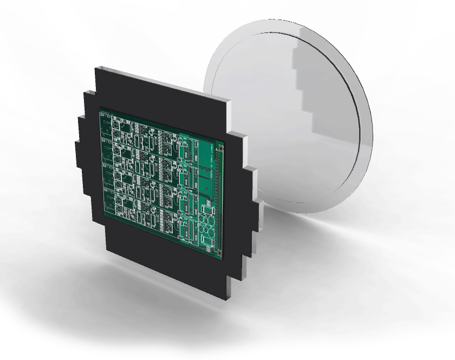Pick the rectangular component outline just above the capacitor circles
point(207,208)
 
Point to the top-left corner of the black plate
point(95,68)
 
